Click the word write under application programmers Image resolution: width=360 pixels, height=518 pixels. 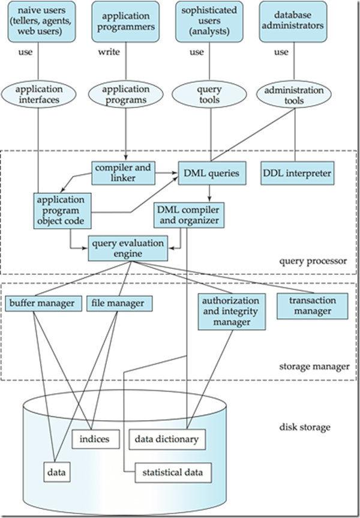click(x=109, y=52)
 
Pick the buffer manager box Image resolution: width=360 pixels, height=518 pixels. click(x=44, y=303)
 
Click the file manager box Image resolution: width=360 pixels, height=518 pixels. click(x=118, y=303)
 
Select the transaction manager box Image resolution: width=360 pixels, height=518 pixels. click(x=312, y=306)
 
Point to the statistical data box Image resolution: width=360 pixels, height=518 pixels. click(x=169, y=472)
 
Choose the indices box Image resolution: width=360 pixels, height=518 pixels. click(x=92, y=439)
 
